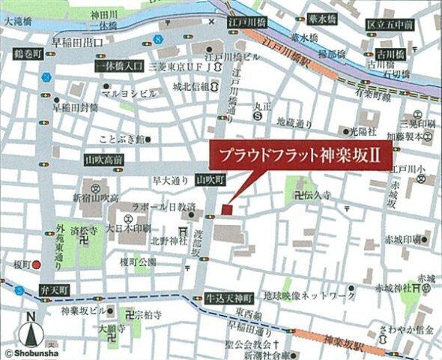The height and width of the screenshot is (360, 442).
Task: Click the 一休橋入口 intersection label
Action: click(120, 67)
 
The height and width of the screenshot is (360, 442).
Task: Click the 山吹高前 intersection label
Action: click(105, 160)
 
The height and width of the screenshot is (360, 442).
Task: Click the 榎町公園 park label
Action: click(139, 261)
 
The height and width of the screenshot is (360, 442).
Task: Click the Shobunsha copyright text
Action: click(28, 352)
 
